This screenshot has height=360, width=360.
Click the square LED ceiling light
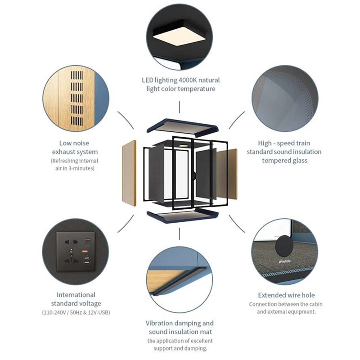(x=180, y=35)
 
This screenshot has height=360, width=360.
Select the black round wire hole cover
(x=284, y=247)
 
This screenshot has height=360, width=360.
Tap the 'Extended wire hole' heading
(x=286, y=295)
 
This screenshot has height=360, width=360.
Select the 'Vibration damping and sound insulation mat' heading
(x=180, y=328)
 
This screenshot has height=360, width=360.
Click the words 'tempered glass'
(x=284, y=160)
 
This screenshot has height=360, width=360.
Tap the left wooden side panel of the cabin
(x=129, y=173)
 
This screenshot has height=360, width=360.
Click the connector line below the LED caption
(x=180, y=107)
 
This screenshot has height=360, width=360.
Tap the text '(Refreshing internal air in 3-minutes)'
(x=74, y=165)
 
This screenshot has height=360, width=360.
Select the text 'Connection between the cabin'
(x=286, y=304)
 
